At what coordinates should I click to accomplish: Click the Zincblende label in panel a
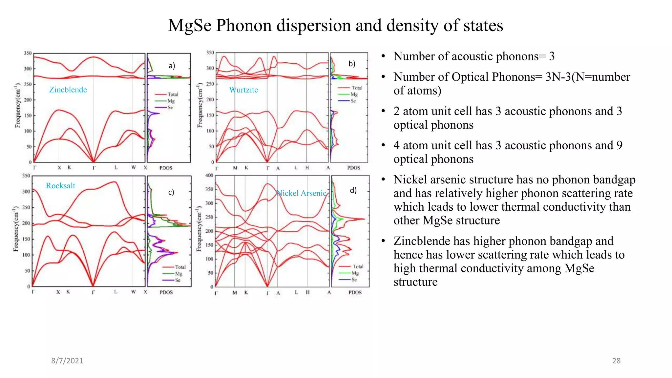68,90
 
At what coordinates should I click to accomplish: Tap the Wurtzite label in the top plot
243,90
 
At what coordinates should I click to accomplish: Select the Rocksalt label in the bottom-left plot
60,186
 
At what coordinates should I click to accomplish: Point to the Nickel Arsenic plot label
301,193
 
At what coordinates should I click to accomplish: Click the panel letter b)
352,64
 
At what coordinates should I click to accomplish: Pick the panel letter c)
171,192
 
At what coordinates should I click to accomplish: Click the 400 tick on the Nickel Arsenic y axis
209,175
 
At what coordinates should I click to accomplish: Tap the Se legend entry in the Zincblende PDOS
170,108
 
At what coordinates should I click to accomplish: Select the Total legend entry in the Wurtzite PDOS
357,88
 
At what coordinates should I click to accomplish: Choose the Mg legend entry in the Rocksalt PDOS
178,274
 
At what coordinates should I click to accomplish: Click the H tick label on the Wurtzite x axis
307,168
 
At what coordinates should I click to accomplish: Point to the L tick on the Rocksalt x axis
115,292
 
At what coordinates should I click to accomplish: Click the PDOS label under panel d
355,292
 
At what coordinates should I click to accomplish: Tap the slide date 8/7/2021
67,361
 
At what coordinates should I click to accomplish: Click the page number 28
616,361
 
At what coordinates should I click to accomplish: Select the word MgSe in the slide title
190,26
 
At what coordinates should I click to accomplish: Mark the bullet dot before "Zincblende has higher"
383,241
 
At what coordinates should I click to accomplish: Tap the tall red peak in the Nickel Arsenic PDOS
362,219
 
